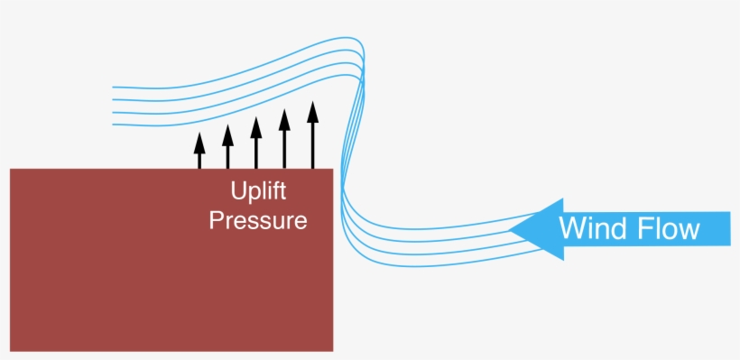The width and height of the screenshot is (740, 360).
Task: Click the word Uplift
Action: (257, 192)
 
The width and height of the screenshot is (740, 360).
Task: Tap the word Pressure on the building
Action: (258, 220)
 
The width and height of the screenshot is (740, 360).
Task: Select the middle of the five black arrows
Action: (256, 144)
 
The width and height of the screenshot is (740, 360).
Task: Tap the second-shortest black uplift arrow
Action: (227, 148)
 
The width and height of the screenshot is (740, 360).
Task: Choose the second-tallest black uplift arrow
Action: (284, 141)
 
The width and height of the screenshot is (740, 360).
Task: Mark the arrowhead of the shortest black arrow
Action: (199, 140)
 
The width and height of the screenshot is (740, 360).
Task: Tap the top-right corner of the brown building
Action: (333, 170)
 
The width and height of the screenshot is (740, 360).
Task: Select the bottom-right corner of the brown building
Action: (333, 350)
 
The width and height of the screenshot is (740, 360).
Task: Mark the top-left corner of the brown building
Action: (11, 170)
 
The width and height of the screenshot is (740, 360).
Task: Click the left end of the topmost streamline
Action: (113, 87)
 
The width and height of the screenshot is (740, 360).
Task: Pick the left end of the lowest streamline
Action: (113, 125)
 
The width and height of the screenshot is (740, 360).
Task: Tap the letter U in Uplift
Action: (237, 192)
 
